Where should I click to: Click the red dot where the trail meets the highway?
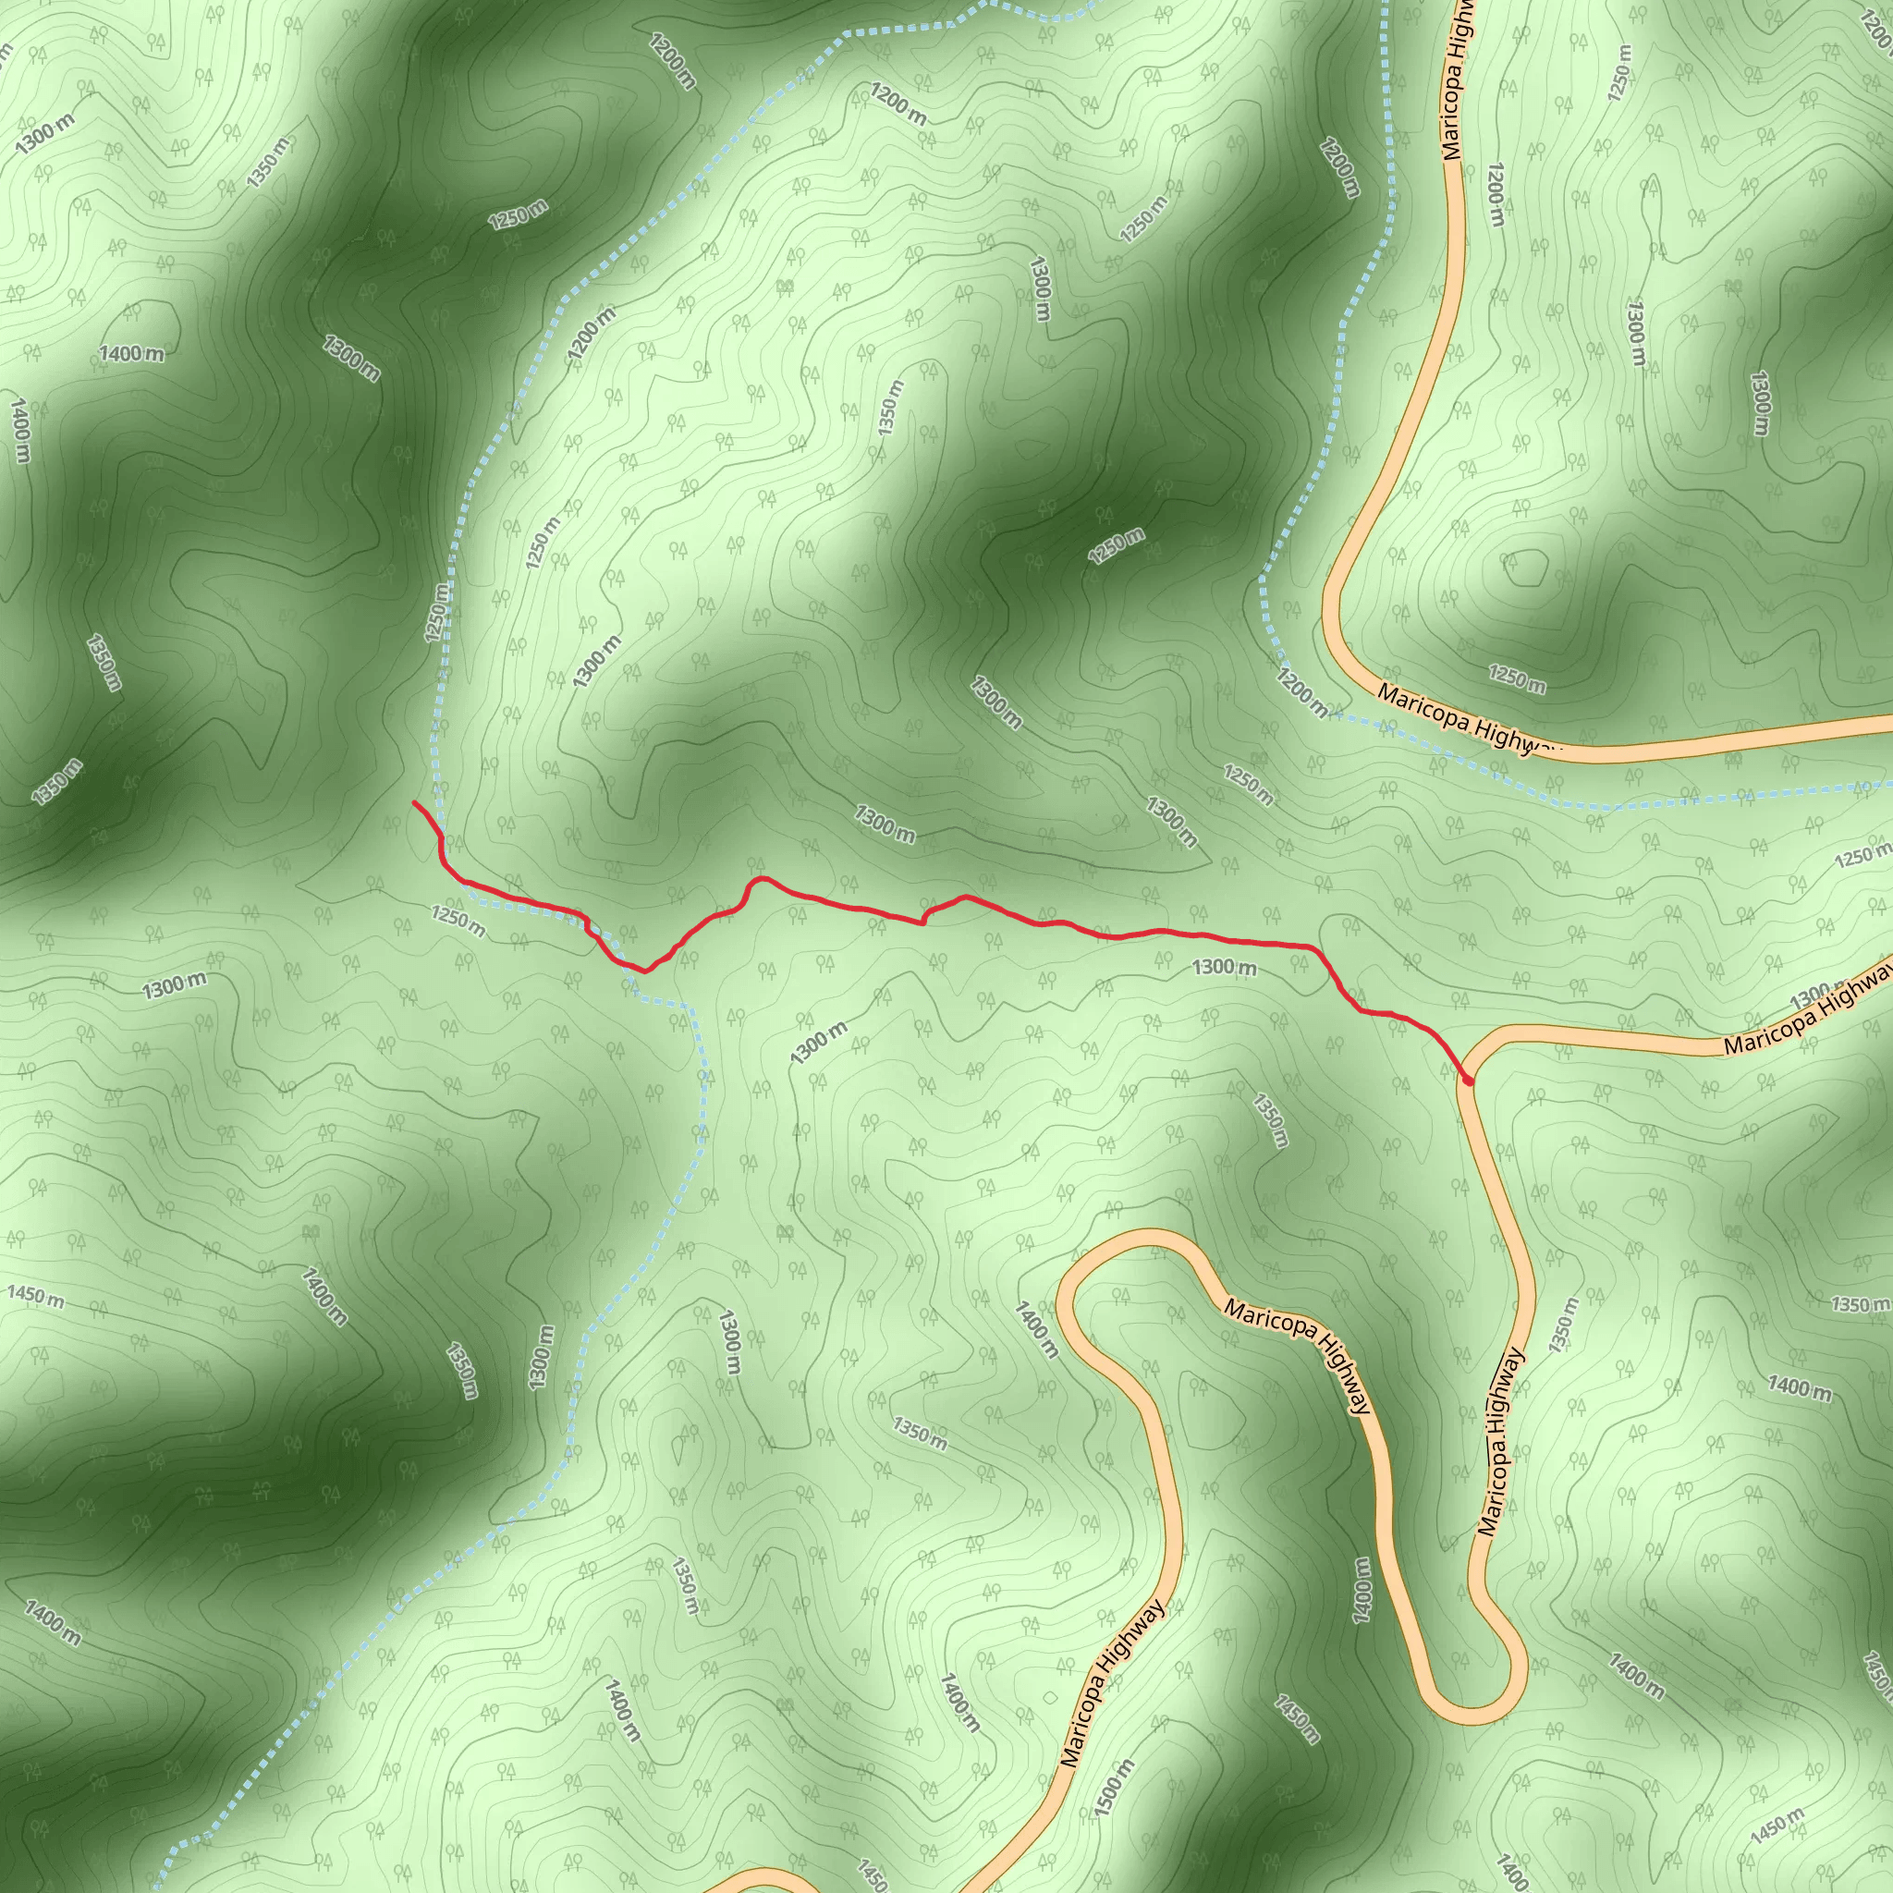1468,1080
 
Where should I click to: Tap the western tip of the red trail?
414,802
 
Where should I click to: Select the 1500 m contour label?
1114,1788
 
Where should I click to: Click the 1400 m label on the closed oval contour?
131,353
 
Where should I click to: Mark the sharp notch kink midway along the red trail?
923,919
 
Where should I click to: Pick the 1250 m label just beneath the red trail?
458,920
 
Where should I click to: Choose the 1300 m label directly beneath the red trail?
1224,967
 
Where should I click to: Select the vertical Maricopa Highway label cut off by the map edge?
1456,79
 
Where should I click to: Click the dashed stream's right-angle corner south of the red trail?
691,1007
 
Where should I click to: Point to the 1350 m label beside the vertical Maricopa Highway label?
1564,1325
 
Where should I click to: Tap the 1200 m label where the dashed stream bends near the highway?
1302,691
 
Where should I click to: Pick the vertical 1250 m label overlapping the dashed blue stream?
437,613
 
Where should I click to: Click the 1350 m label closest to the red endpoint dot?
1270,1120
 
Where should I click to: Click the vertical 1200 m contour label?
1496,194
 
